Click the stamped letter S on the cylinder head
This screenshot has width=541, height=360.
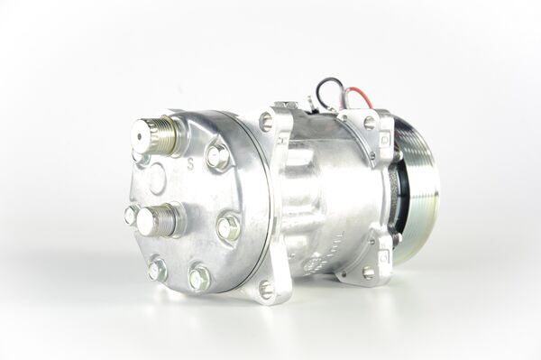(x=190, y=165)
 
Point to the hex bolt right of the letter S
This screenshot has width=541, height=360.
(x=217, y=156)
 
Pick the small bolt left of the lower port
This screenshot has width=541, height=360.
(x=132, y=215)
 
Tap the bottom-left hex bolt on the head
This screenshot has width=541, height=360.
(x=157, y=268)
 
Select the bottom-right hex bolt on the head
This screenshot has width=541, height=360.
(x=198, y=276)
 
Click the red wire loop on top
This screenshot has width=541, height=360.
(x=354, y=93)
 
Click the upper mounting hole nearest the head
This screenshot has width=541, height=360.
(x=266, y=120)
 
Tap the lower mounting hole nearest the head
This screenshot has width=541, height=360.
(x=266, y=289)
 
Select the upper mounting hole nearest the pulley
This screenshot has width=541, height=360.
(x=369, y=122)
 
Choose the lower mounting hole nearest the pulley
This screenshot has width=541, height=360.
(x=368, y=272)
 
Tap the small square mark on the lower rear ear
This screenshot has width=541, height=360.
(x=386, y=255)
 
